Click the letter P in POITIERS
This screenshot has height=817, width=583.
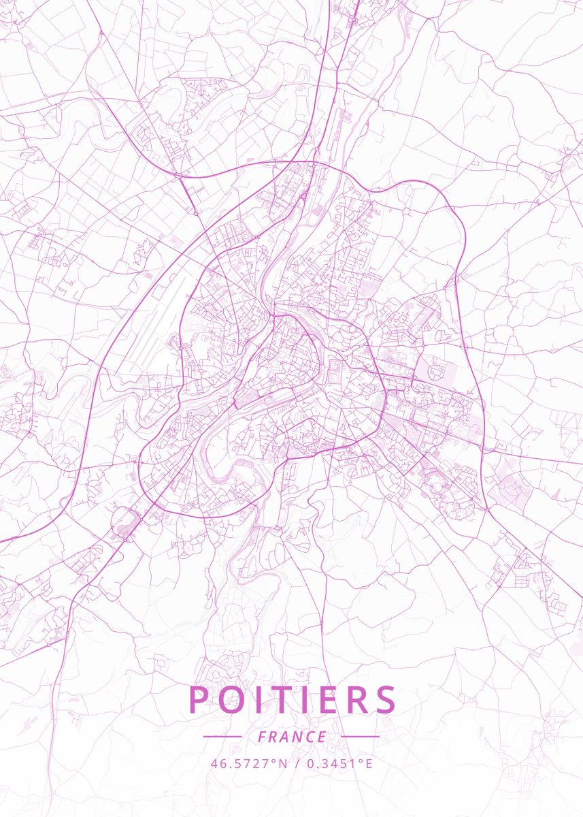click(x=199, y=700)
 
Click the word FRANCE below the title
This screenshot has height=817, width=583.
click(x=292, y=737)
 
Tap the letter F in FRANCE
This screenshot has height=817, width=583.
click(x=262, y=737)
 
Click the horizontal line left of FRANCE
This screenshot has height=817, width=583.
click(x=222, y=737)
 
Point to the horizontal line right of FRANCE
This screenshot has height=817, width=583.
click(x=360, y=737)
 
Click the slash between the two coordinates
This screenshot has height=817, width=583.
click(x=298, y=763)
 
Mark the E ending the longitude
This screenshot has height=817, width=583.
click(x=369, y=763)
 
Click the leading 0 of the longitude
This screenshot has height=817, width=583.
click(x=311, y=763)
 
